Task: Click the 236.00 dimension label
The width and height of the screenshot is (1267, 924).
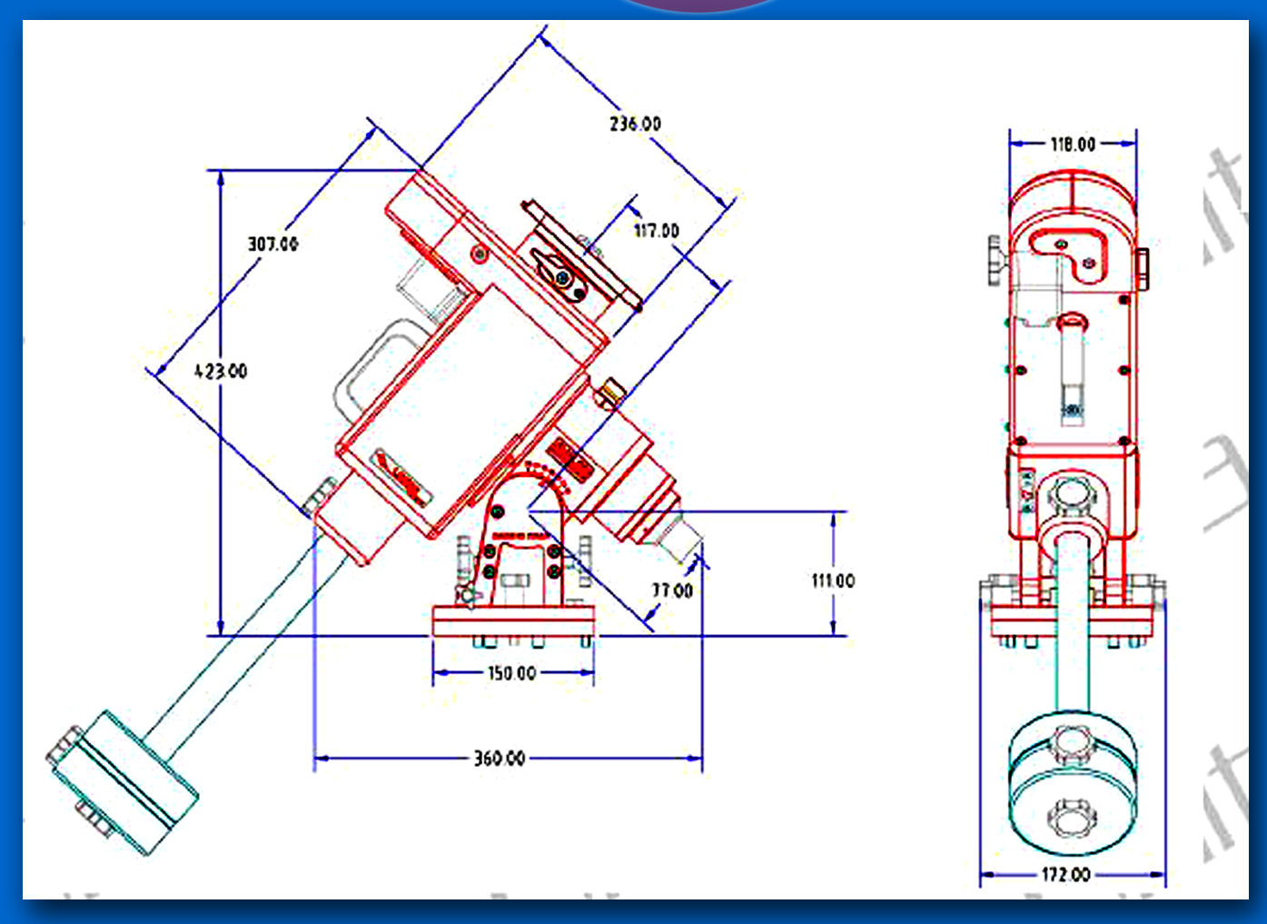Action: point(635,124)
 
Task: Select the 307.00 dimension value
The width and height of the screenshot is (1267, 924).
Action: point(272,243)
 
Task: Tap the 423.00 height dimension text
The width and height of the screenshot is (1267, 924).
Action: point(221,371)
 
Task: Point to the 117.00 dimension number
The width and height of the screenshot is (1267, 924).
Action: point(656,231)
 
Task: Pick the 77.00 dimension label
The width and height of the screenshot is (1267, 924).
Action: point(672,591)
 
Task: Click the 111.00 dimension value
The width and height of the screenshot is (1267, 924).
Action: point(833,581)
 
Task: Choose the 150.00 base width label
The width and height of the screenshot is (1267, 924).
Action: point(512,673)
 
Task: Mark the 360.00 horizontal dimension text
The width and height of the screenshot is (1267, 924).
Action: point(499,758)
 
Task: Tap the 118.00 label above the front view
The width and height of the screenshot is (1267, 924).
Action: point(1073,144)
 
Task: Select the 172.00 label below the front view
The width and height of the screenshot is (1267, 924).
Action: point(1065,874)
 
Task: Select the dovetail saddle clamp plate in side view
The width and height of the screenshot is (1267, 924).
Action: point(581,254)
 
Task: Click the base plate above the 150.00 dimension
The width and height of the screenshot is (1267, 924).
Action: point(513,621)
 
